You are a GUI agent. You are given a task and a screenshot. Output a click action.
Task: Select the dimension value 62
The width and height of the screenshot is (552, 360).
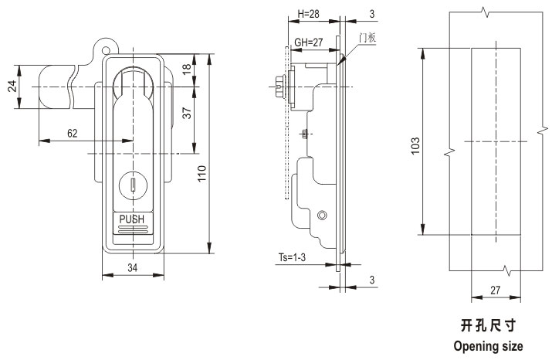(x=72, y=133)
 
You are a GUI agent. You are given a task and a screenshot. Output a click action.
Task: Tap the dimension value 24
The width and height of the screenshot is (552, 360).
(x=12, y=87)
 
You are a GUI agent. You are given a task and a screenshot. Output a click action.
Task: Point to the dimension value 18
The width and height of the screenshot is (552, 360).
(x=187, y=69)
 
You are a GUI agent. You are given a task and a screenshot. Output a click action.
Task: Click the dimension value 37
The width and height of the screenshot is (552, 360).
(x=187, y=114)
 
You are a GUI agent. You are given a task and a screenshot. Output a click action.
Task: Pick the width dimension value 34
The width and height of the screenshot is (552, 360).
(x=133, y=268)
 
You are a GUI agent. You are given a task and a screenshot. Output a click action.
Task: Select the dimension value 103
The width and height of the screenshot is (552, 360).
(x=415, y=144)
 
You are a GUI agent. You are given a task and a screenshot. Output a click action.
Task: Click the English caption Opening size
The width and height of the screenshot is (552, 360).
(x=488, y=345)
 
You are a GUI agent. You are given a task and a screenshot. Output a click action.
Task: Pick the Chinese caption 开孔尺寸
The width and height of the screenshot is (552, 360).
(x=488, y=325)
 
